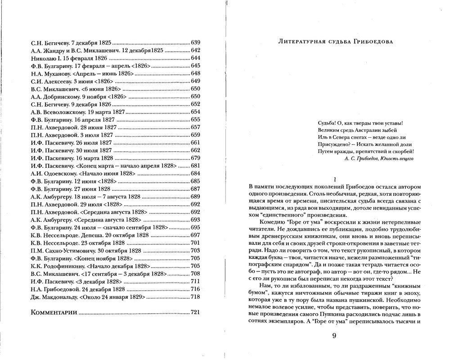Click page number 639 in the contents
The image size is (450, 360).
(x=195, y=42)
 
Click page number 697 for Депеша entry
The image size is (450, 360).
(x=195, y=235)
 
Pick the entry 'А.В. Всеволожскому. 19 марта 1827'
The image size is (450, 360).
(x=78, y=112)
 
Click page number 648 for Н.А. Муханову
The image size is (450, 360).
(x=195, y=73)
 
